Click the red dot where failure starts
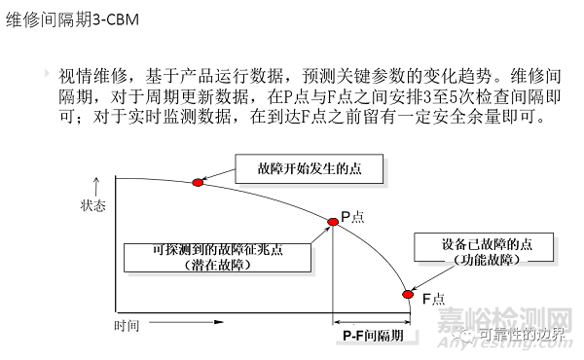point(198,182)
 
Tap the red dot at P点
point(332,222)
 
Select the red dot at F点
point(408,294)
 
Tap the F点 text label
point(432,297)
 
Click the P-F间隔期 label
point(372,335)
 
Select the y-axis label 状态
point(93,206)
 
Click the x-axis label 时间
point(127,325)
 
